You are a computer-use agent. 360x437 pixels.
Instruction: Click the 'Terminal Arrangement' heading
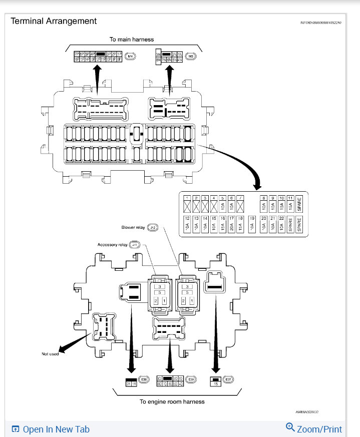pyautogui.click(x=54, y=21)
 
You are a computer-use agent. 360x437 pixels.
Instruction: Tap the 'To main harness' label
pyautogui.click(x=132, y=39)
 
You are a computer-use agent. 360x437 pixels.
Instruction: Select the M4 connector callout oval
pyautogui.click(x=131, y=56)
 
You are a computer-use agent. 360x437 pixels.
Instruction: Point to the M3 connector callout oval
pyautogui.click(x=190, y=56)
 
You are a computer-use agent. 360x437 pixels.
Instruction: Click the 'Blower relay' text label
pyautogui.click(x=133, y=227)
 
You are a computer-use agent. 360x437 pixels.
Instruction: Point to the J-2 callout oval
pyautogui.click(x=153, y=227)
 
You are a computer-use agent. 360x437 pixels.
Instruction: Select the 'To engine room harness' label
pyautogui.click(x=172, y=401)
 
